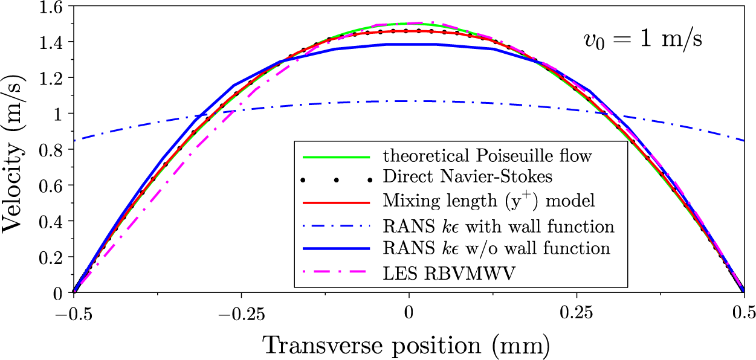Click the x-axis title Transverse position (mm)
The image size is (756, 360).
pyautogui.click(x=406, y=345)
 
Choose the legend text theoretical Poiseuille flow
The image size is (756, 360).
pyautogui.click(x=487, y=156)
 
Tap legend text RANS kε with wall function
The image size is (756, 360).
pyautogui.click(x=499, y=227)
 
